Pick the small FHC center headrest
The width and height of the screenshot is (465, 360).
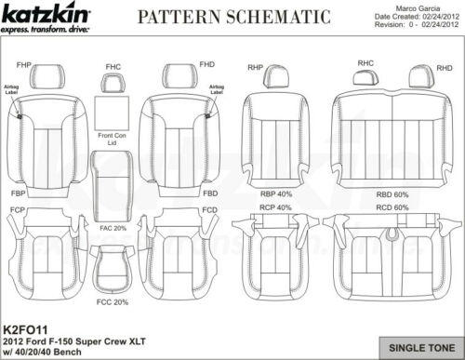(113, 83)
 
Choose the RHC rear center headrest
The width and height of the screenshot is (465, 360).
(365, 75)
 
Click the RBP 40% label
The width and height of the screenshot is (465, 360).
(275, 193)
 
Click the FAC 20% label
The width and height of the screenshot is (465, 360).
(114, 228)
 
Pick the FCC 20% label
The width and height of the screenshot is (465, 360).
(113, 301)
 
